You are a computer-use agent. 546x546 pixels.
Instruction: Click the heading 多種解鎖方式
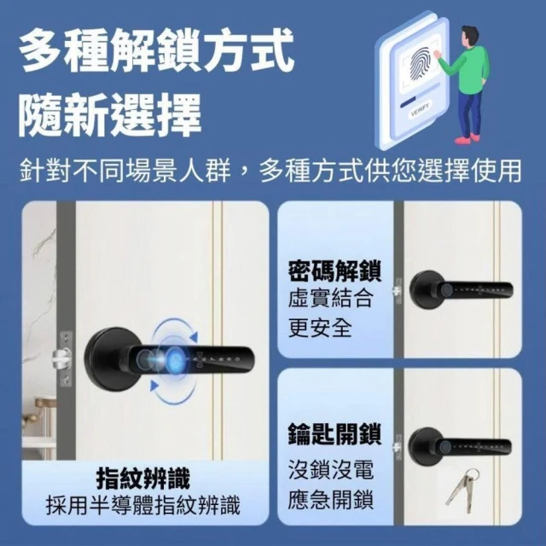tap(157, 51)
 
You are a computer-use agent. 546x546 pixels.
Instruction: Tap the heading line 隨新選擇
tap(110, 115)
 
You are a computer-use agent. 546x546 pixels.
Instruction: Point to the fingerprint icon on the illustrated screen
tap(419, 67)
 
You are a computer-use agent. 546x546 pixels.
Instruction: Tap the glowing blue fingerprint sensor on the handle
tap(173, 359)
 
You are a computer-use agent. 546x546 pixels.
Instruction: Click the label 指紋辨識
tap(143, 479)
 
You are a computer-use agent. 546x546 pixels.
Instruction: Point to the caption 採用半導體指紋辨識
tap(143, 505)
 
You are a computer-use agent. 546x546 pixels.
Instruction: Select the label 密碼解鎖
tap(335, 270)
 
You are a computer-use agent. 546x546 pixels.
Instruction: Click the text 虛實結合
tap(330, 298)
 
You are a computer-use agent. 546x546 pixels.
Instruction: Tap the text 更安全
tap(320, 328)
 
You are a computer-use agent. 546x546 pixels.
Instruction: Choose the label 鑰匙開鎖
tap(335, 434)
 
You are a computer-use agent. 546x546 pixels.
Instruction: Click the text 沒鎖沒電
tap(330, 469)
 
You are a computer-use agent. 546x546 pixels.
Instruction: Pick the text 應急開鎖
tap(330, 499)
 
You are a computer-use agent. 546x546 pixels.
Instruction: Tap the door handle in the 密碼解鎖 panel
tap(461, 290)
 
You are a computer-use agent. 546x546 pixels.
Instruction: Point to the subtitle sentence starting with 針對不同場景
tap(270, 171)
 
